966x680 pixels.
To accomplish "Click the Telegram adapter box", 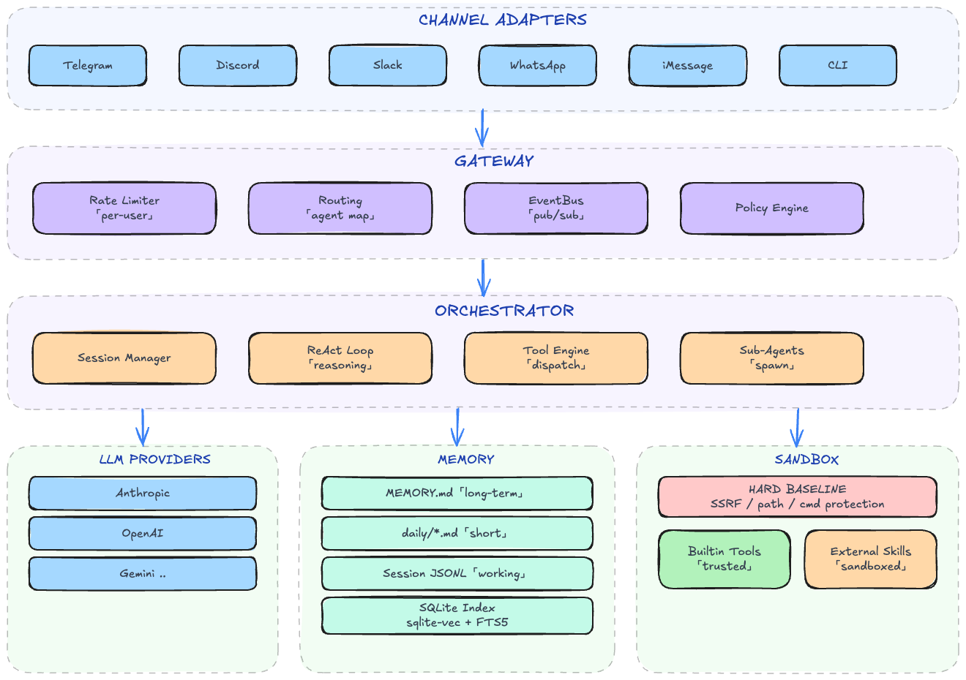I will tap(88, 65).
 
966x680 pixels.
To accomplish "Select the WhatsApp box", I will tap(538, 65).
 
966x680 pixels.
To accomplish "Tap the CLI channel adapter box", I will tap(838, 65).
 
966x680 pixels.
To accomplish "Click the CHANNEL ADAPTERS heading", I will tap(503, 20).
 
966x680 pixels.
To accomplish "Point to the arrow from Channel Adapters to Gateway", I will tap(482, 129).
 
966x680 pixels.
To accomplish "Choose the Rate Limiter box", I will tap(124, 208).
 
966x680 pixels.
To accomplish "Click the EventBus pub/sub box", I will tap(556, 208).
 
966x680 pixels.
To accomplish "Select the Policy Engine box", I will tap(772, 208).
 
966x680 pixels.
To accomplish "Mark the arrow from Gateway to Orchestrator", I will tap(483, 278).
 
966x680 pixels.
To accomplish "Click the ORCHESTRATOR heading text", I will tap(504, 311).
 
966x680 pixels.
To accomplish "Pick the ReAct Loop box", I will tap(340, 358).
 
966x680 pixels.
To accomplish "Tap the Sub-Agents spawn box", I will tap(772, 358).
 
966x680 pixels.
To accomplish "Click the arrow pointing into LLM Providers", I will tap(143, 427).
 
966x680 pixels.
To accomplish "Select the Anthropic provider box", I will tap(143, 494).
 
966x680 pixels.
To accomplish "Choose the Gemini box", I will tap(143, 574).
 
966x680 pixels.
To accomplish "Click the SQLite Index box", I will tap(457, 616).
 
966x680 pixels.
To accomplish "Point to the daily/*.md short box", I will tap(457, 534).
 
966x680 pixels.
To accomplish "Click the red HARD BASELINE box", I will tap(798, 497).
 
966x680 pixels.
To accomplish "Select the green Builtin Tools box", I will tap(724, 559).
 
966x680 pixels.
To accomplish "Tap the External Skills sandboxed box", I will tap(871, 559).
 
